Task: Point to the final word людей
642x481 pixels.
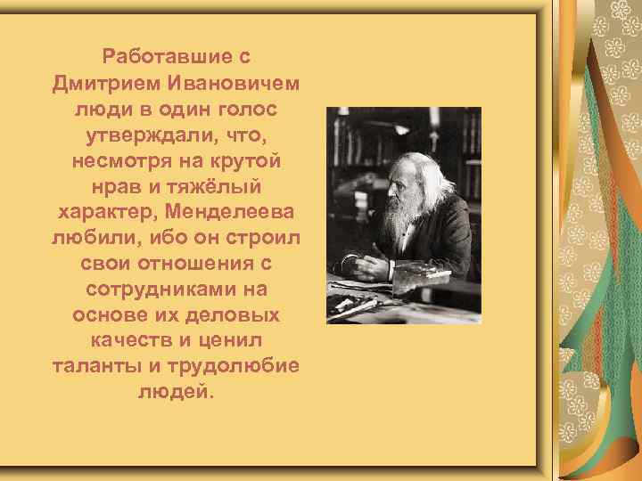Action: tap(175, 392)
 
